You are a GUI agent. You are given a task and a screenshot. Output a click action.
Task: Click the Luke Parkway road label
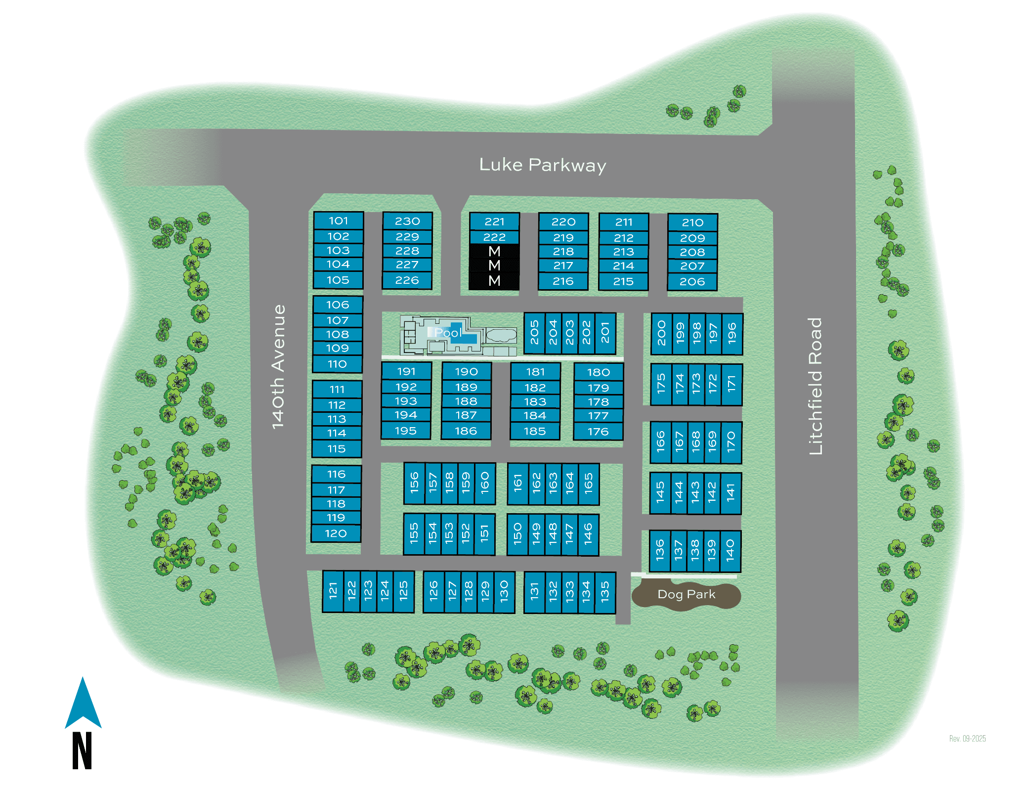[542, 165]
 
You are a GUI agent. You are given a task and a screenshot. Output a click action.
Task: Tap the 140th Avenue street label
[279, 366]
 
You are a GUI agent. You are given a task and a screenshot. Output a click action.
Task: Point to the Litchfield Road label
[815, 386]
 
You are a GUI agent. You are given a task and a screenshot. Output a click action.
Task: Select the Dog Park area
[686, 595]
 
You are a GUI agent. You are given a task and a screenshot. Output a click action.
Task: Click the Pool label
[448, 333]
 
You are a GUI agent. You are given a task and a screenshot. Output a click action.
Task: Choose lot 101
[339, 220]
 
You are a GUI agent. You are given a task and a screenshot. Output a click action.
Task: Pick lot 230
[407, 221]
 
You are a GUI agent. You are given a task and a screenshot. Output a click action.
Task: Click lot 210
[692, 222]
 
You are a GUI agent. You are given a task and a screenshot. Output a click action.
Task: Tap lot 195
[406, 431]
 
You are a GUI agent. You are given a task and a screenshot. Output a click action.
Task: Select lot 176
[598, 432]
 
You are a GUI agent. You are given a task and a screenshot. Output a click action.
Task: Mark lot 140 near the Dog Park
[730, 551]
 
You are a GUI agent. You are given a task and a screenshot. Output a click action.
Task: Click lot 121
[333, 591]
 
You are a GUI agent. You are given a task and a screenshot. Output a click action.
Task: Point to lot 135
[605, 592]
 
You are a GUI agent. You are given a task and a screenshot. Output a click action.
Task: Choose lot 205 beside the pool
[534, 333]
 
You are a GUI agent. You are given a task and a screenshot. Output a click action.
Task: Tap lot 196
[732, 334]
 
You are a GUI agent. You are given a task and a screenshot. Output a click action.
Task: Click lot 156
[414, 483]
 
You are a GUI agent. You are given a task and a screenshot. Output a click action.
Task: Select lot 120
[336, 533]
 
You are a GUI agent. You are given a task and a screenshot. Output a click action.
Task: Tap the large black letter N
[82, 750]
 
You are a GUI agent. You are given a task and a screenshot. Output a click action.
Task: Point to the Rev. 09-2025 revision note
[967, 739]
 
